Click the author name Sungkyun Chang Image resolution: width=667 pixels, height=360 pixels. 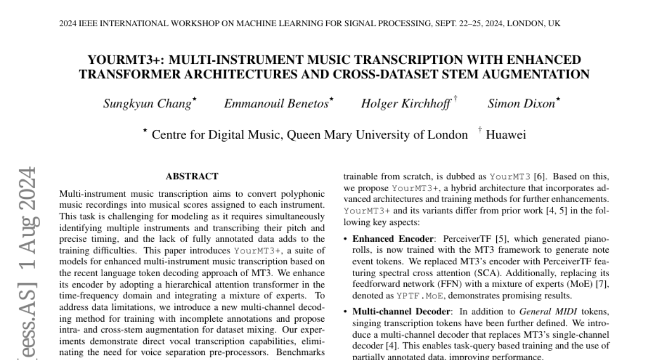click(x=147, y=103)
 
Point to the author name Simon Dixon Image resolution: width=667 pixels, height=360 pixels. click(x=521, y=103)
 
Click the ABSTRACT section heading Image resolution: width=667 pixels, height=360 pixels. click(x=192, y=176)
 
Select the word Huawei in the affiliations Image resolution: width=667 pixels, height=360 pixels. click(x=506, y=134)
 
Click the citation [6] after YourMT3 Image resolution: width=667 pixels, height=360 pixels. click(x=539, y=177)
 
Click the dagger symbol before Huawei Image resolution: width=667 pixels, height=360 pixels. click(x=479, y=131)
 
